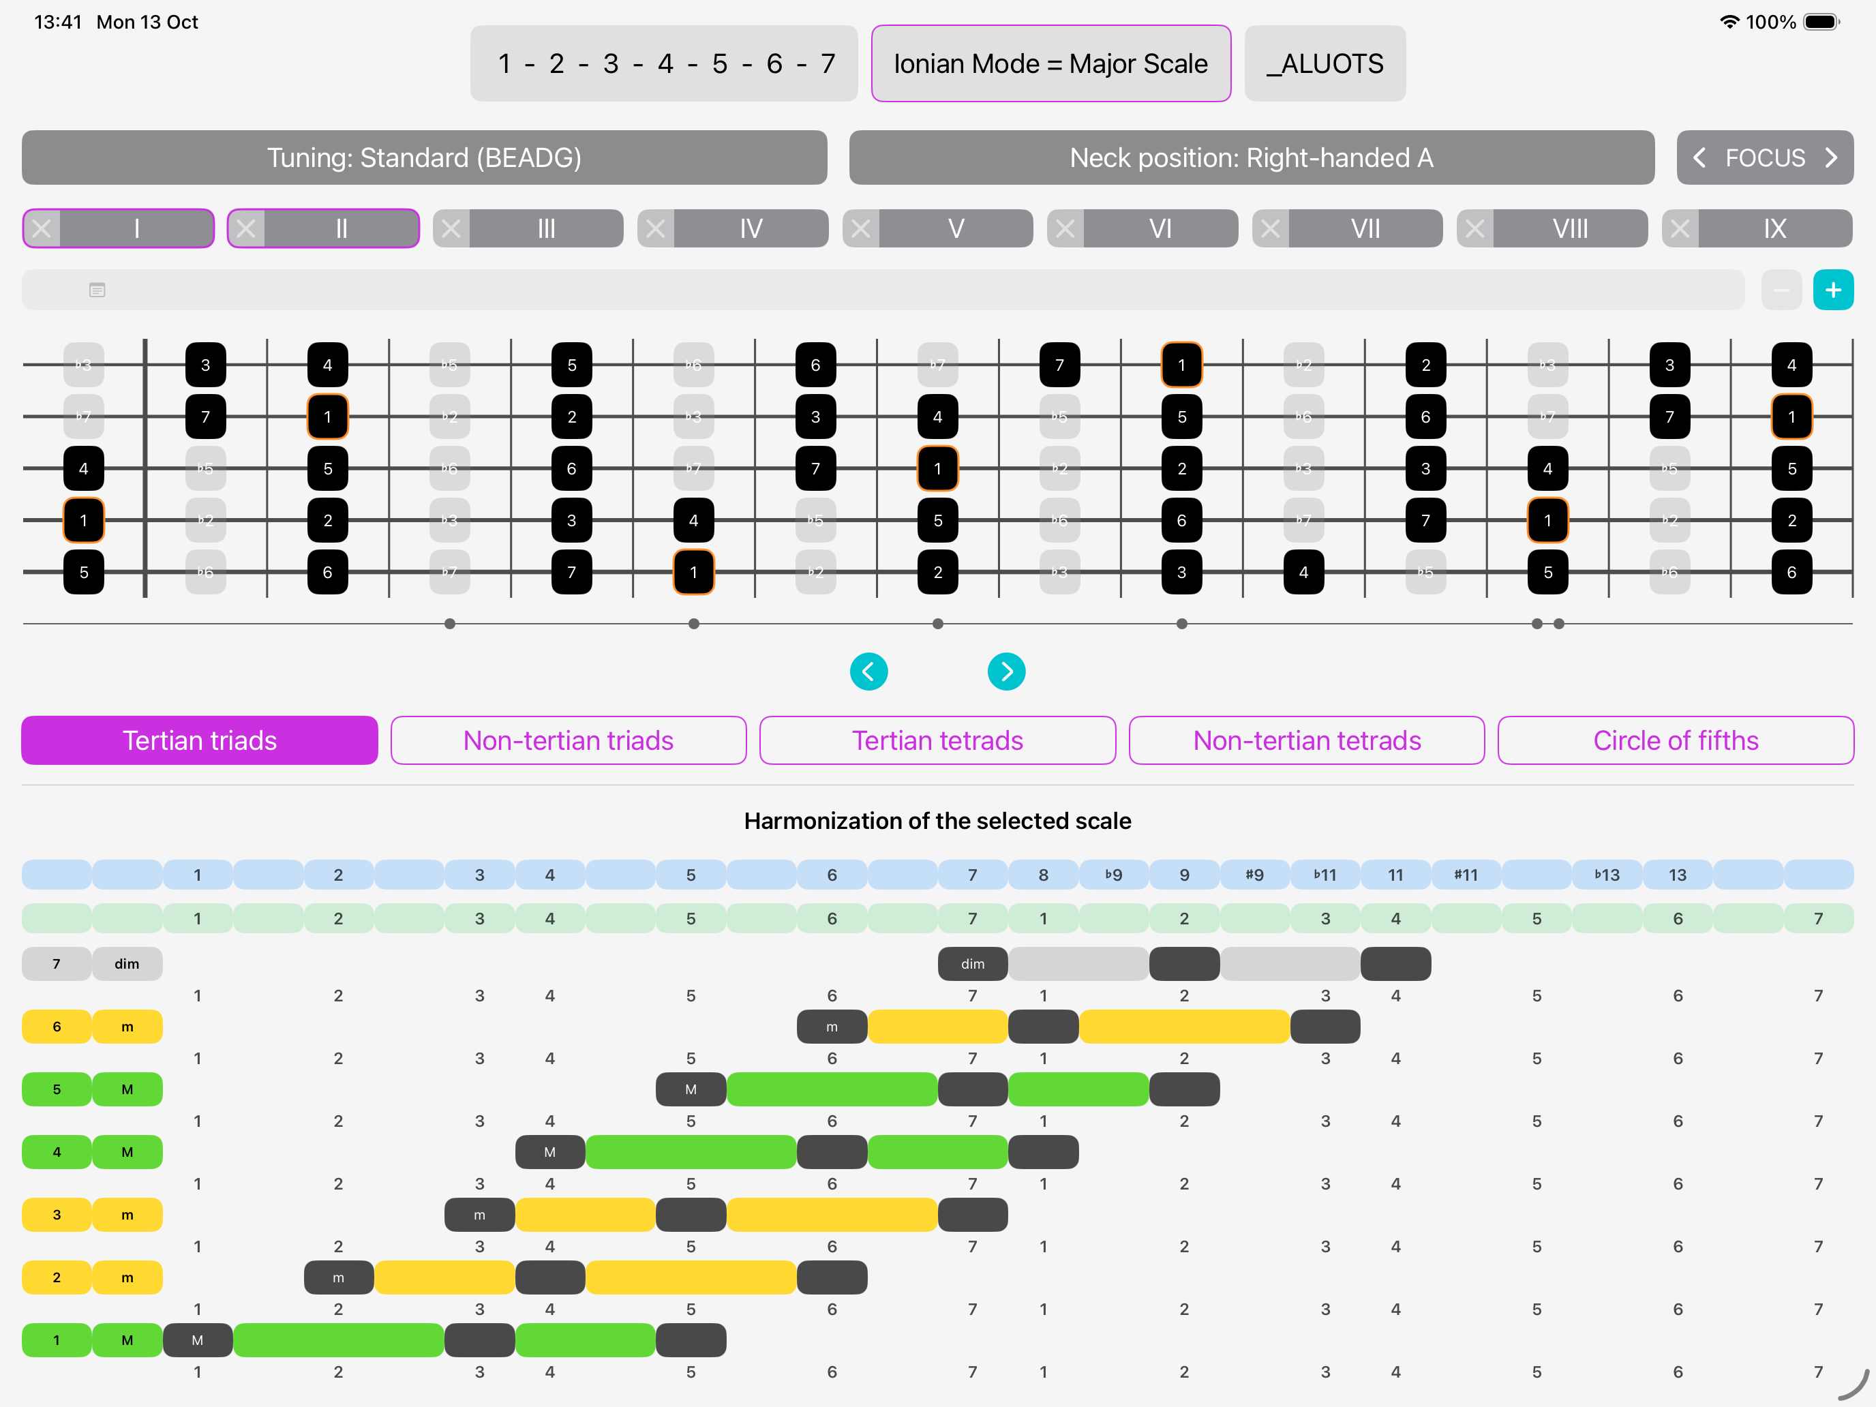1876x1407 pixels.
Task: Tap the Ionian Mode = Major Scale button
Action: click(1050, 63)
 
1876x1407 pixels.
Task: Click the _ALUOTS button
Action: click(1324, 63)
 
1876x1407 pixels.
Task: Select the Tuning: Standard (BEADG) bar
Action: click(424, 157)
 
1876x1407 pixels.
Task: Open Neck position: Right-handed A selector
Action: click(1251, 157)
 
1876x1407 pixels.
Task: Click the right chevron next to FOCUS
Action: click(1832, 157)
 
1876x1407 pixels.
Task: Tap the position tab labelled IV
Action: click(751, 229)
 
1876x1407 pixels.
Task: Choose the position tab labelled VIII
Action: click(1570, 229)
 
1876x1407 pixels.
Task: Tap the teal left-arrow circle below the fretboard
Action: click(868, 671)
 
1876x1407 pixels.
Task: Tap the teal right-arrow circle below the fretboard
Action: click(1007, 671)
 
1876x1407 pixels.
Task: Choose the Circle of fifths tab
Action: click(1676, 740)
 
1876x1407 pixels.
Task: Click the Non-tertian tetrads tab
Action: click(1307, 740)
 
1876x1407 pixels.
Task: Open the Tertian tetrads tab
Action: click(937, 740)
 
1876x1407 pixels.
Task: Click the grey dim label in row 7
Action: click(126, 963)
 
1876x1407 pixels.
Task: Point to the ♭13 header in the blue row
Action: click(1606, 875)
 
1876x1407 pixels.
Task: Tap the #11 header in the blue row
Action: click(1466, 875)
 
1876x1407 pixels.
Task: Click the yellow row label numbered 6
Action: click(57, 1026)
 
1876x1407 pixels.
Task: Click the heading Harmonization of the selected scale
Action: click(937, 821)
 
